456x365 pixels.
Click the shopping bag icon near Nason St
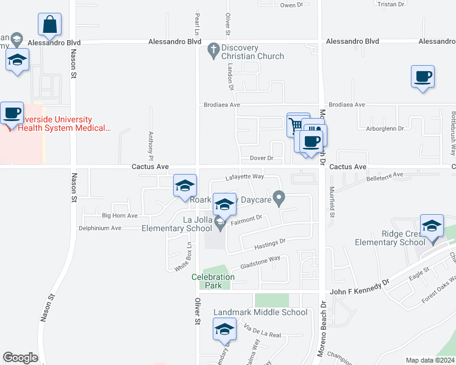(49, 25)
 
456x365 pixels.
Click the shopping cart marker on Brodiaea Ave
(296, 125)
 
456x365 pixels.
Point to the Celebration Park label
(213, 282)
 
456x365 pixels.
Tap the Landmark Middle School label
(260, 313)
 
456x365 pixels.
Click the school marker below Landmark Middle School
(224, 329)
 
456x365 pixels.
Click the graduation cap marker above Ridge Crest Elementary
(432, 226)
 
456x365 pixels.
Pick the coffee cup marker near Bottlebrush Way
(422, 77)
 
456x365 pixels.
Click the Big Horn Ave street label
(120, 215)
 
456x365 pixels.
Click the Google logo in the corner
(20, 358)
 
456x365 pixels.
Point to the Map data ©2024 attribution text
(429, 360)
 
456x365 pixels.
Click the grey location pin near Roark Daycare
(279, 197)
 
